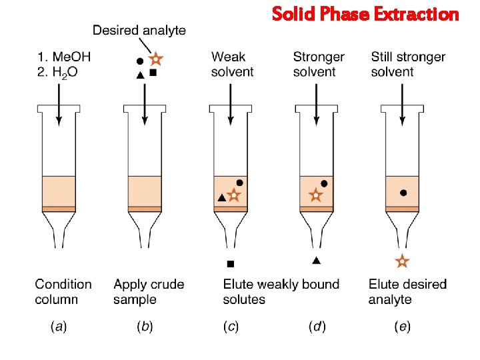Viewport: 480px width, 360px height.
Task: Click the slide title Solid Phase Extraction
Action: click(365, 14)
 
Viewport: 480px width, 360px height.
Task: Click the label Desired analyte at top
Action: click(139, 30)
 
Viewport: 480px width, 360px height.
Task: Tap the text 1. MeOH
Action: click(64, 57)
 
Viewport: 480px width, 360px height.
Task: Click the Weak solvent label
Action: click(232, 64)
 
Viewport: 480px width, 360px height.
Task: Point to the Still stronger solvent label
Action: click(408, 64)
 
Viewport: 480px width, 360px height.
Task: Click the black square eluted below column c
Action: click(231, 263)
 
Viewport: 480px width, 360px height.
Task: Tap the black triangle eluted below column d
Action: click(316, 260)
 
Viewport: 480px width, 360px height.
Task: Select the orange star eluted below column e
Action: click(401, 261)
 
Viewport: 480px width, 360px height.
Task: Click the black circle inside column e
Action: click(403, 193)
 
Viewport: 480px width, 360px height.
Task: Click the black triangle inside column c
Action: click(221, 198)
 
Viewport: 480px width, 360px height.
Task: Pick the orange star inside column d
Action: click(316, 196)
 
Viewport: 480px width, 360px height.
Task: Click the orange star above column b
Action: click(156, 59)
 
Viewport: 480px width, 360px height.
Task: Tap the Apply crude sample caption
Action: click(149, 292)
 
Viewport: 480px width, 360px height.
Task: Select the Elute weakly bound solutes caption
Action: click(281, 292)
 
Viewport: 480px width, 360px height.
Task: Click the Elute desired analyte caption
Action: click(407, 292)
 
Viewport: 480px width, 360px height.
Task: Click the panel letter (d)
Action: click(318, 327)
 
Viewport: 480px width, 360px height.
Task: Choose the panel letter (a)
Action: click(59, 327)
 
